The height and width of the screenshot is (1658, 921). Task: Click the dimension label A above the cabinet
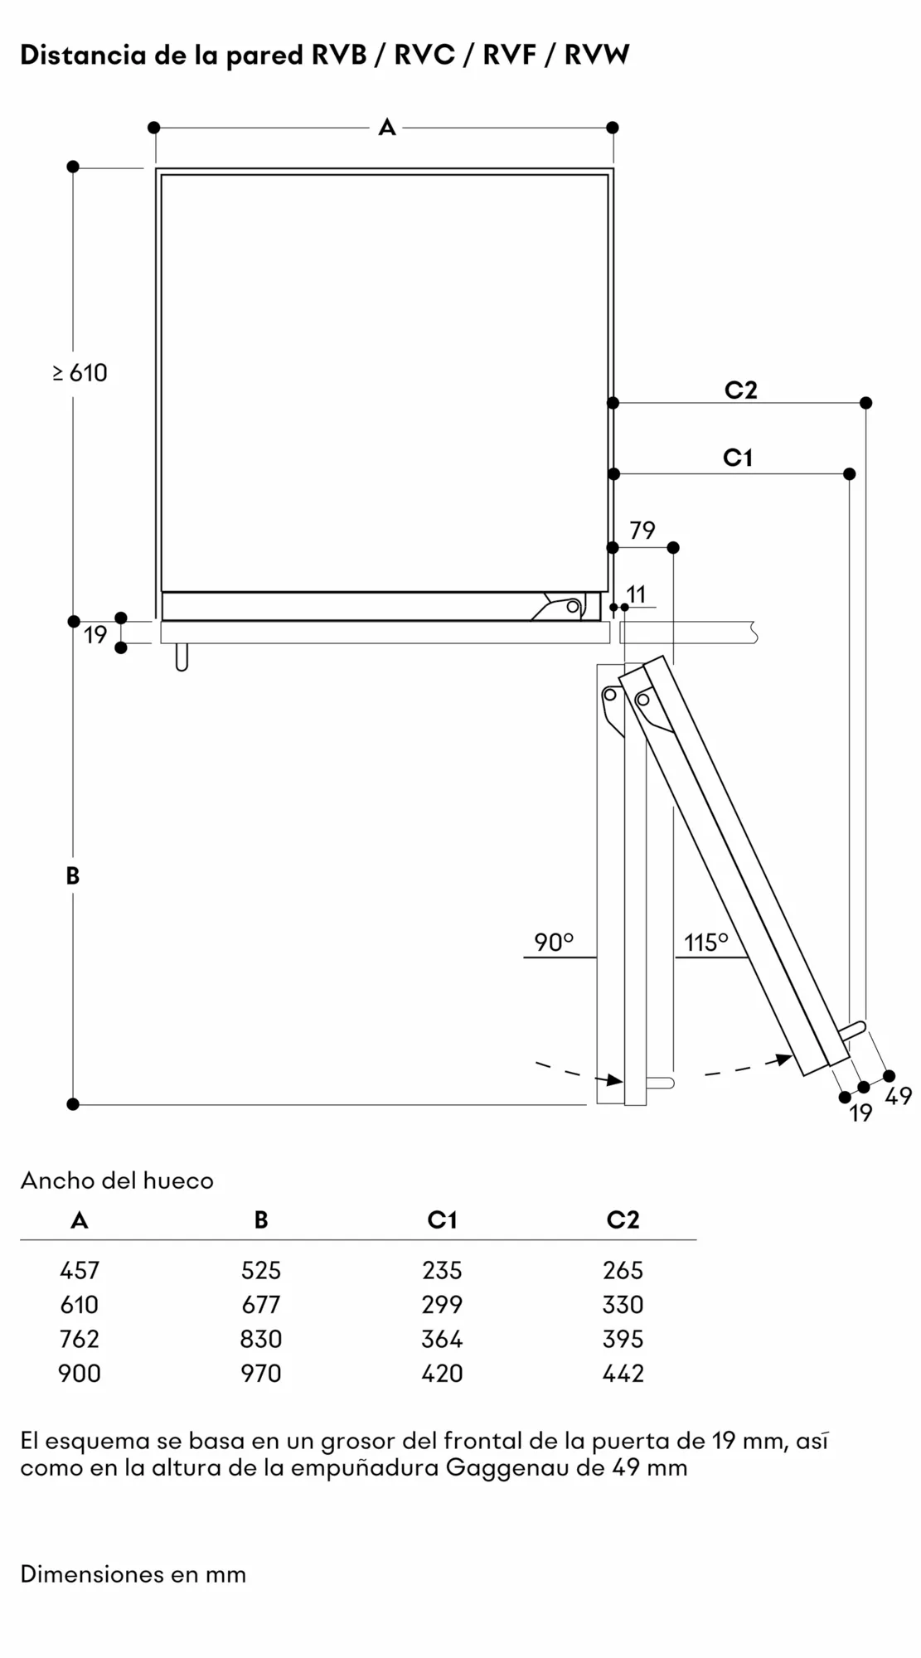387,128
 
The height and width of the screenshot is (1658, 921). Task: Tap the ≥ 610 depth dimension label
80,373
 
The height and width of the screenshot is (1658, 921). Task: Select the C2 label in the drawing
741,390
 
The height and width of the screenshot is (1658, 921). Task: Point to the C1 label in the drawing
738,458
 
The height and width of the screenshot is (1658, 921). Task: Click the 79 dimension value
642,531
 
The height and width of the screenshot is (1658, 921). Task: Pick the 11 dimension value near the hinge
637,594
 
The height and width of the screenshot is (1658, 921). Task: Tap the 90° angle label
554,943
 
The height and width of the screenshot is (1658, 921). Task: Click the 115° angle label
706,943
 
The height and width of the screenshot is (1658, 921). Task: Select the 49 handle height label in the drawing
899,1096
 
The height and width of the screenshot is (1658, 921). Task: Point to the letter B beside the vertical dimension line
73,875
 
